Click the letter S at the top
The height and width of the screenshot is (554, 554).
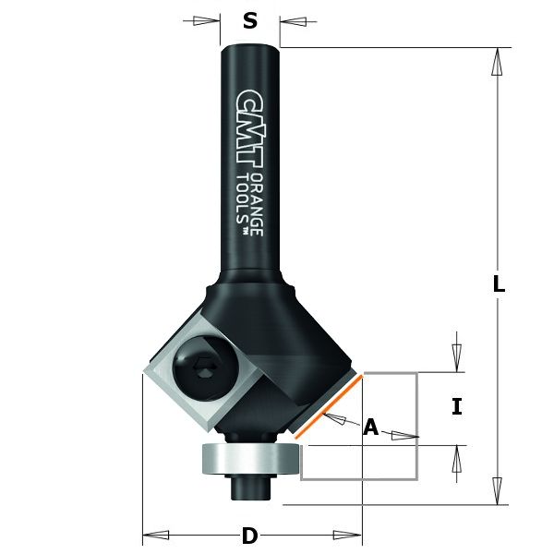(249, 20)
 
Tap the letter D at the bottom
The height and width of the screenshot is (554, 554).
(248, 536)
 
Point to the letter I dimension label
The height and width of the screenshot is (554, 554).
(456, 407)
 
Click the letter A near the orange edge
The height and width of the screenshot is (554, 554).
(370, 427)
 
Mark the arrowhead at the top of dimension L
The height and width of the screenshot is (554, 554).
(497, 61)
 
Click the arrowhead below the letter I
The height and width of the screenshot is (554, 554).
(455, 459)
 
